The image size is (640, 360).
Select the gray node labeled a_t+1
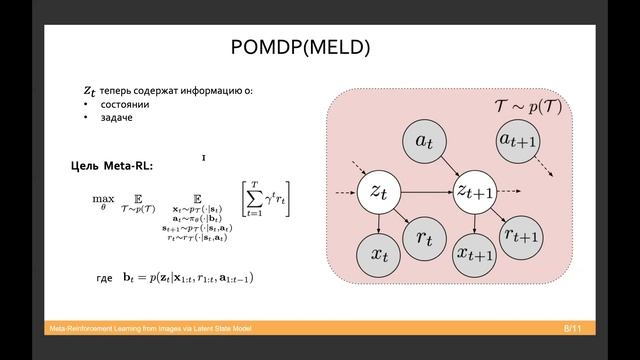click(519, 141)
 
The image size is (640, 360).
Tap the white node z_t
click(379, 190)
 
